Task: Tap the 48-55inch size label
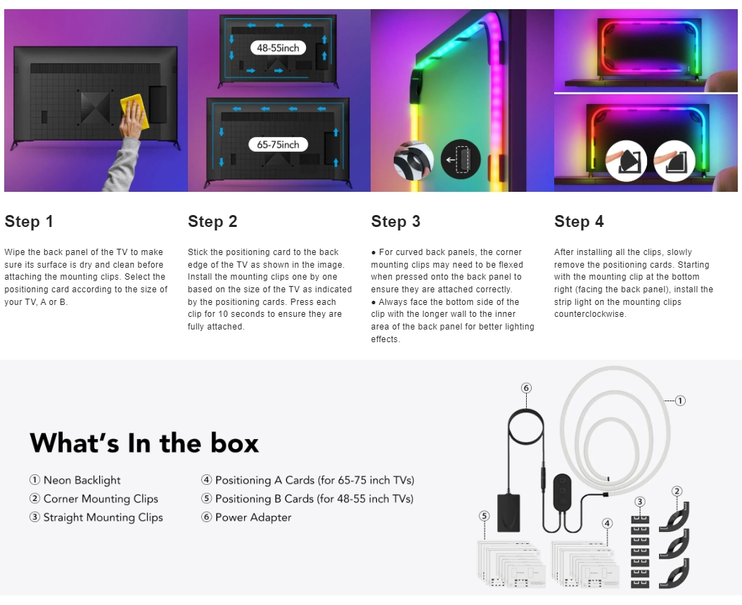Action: point(278,48)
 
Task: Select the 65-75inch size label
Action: point(278,145)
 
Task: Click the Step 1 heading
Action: point(29,221)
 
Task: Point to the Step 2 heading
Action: point(212,221)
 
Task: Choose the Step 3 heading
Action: point(395,221)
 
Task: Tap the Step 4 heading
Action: point(579,221)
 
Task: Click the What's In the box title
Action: point(144,443)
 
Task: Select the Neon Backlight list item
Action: point(75,480)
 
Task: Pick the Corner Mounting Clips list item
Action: point(94,499)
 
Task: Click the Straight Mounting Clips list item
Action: point(96,518)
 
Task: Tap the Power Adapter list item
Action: point(246,518)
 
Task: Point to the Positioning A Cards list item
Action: point(307,480)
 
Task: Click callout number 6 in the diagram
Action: point(526,388)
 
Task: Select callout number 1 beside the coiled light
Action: point(680,401)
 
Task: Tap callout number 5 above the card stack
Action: point(484,516)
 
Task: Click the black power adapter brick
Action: point(508,513)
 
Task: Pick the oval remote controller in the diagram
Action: point(562,490)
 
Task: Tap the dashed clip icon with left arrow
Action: point(461,160)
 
